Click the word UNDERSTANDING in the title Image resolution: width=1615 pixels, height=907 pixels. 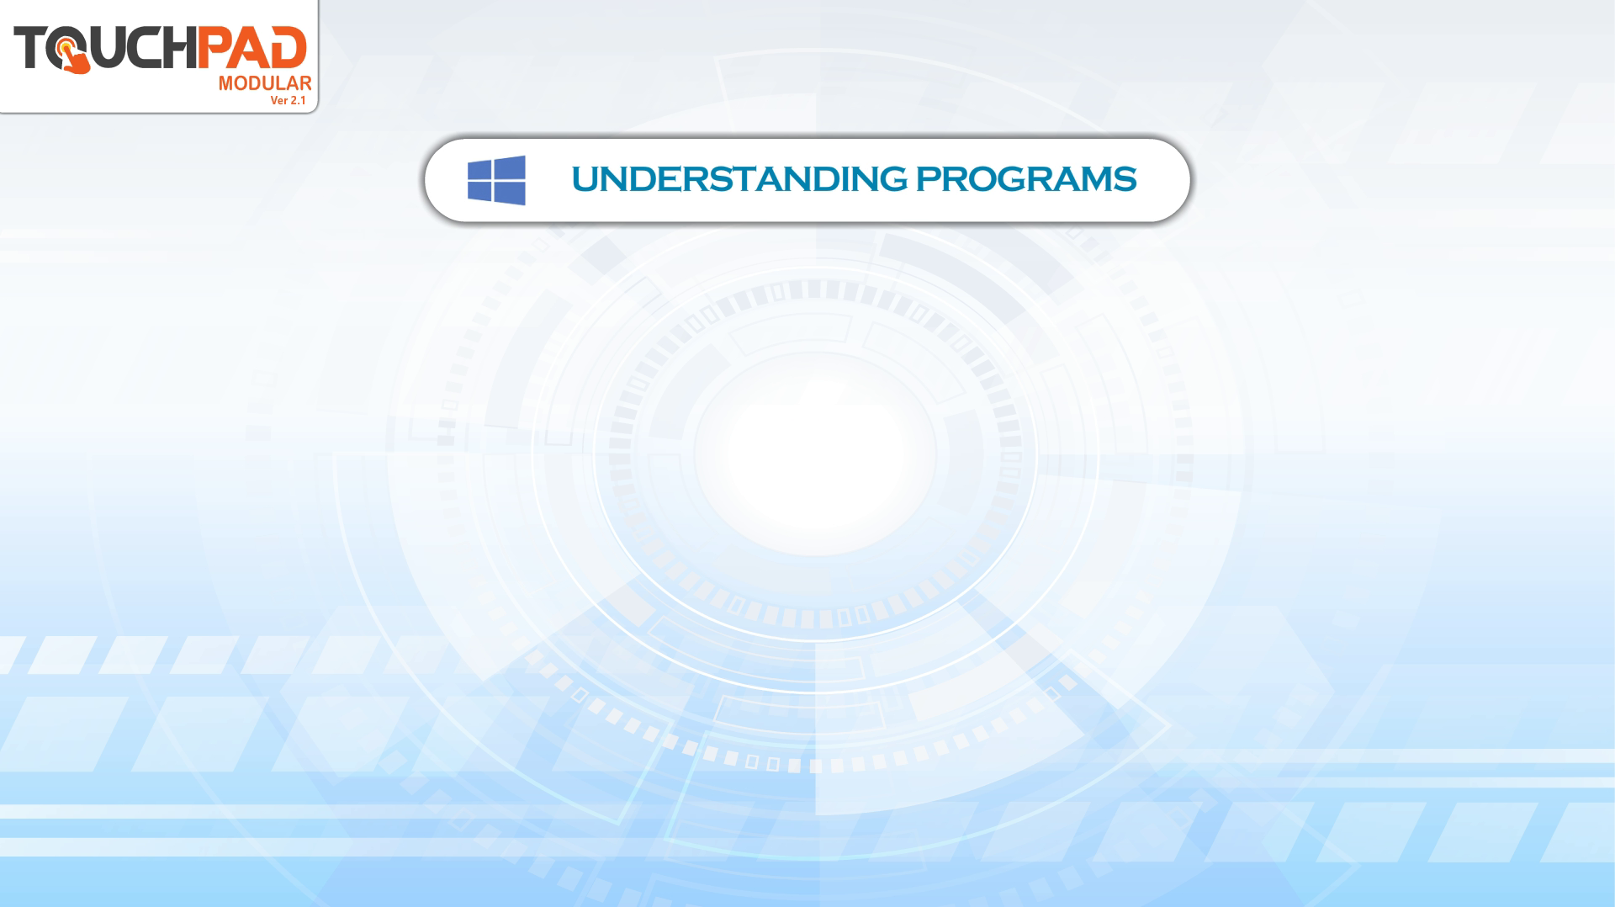pos(739,179)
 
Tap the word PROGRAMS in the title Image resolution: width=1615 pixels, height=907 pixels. pos(1026,179)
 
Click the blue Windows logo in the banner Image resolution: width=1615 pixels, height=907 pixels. pos(496,180)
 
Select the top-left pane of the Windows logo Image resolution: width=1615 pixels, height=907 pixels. pos(479,170)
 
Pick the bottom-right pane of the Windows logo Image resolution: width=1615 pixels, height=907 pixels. pos(510,194)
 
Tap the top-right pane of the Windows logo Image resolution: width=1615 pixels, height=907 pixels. pos(510,167)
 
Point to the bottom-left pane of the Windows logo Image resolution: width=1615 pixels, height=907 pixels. pos(479,191)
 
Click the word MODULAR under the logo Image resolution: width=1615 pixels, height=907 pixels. pos(265,83)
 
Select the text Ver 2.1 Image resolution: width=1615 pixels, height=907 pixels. pos(288,100)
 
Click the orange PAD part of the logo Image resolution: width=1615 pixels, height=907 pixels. pos(252,47)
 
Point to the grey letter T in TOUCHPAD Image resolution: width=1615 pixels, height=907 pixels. pos(30,47)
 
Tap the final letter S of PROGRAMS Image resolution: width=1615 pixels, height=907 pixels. pos(1125,179)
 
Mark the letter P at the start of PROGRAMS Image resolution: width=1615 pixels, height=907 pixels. pos(927,179)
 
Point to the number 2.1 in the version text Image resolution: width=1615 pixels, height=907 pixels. pos(298,100)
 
